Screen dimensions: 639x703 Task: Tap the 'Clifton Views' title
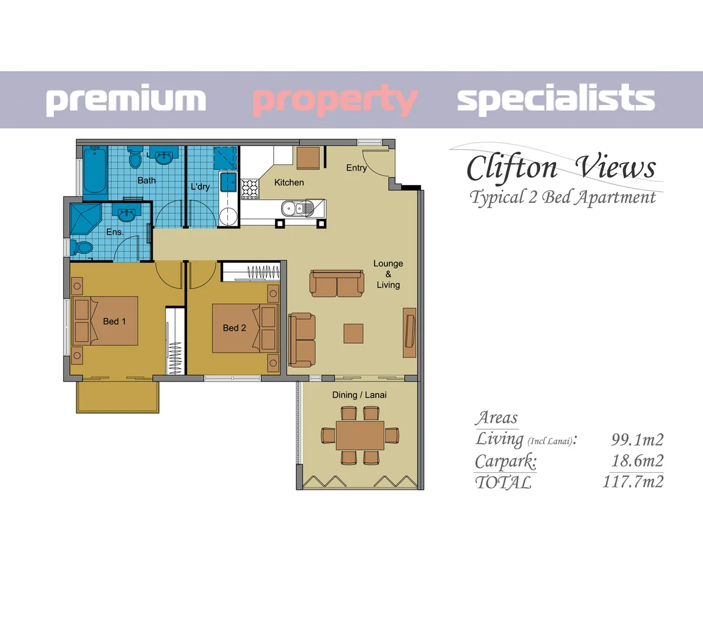(560, 167)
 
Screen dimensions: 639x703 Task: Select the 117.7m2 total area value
(633, 482)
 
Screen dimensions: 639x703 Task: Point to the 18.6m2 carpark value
(637, 460)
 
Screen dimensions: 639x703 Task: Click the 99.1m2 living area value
(637, 440)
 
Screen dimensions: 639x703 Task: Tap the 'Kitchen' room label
(289, 183)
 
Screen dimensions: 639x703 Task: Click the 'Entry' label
(356, 168)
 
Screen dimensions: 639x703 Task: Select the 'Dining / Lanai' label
(359, 395)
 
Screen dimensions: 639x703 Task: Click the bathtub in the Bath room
(95, 171)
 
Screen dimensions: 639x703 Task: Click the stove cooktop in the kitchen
(250, 188)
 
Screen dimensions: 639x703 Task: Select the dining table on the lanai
(360, 435)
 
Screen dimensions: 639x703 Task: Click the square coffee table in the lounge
(353, 333)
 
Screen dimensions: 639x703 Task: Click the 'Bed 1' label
(114, 321)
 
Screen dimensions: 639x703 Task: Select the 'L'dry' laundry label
(200, 186)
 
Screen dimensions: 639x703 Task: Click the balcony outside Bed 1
(118, 397)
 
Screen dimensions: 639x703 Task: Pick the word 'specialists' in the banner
(556, 99)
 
